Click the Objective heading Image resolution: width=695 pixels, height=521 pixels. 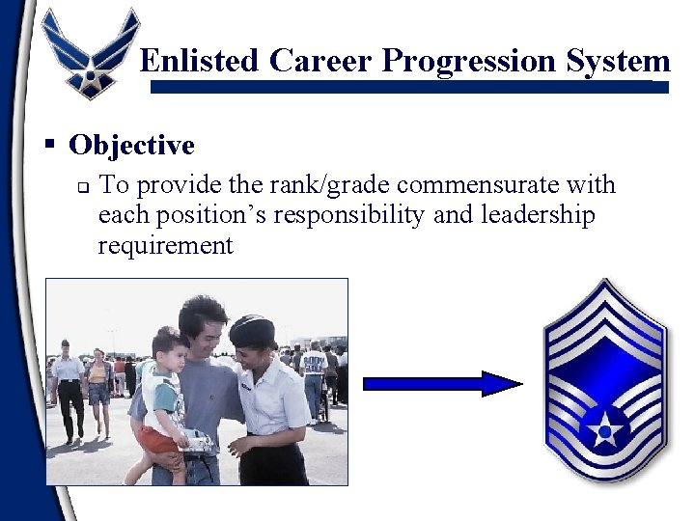tap(131, 146)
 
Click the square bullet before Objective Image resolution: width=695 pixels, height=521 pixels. tap(48, 145)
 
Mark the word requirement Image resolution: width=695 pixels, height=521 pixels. tap(165, 245)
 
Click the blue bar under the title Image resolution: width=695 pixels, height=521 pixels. tap(410, 87)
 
